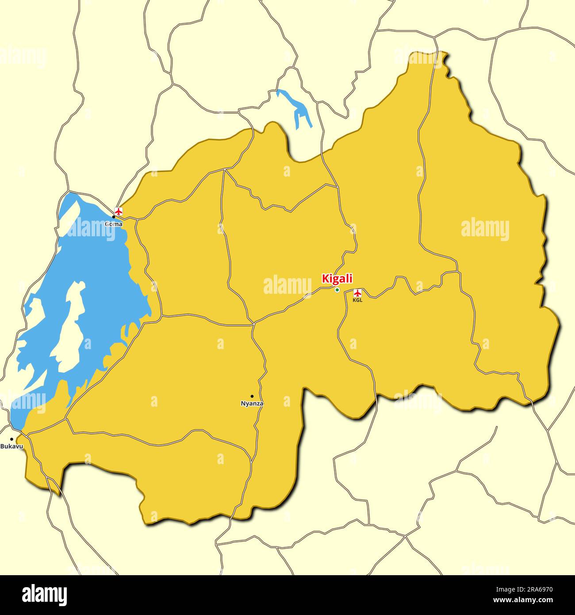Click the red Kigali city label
point(337,279)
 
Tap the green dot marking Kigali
point(337,290)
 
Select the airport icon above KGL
point(357,292)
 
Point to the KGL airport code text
point(357,300)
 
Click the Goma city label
point(114,224)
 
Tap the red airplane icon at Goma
point(118,211)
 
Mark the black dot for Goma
point(113,217)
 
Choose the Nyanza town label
point(252,404)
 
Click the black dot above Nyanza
point(252,396)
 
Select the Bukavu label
point(11,446)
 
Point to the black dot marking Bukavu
point(11,439)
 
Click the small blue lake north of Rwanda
point(297,108)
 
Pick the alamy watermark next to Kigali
point(287,285)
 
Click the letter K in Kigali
point(325,279)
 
